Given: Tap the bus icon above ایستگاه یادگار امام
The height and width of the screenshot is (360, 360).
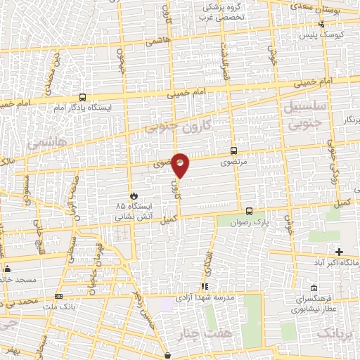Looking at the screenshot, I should [x=83, y=98].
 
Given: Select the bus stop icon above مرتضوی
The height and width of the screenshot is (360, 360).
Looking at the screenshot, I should [x=233, y=150].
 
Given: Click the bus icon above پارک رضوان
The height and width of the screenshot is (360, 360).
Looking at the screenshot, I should [x=248, y=210].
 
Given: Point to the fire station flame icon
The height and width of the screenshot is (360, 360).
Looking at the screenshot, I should [x=132, y=194].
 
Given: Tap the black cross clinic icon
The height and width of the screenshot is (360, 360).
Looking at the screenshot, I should [x=339, y=251].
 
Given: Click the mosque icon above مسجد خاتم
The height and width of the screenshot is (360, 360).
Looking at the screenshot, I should [x=8, y=268].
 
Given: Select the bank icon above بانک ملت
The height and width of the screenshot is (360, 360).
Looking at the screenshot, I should [x=58, y=296].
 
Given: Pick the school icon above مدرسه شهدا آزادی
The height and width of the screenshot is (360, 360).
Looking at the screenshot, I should [x=205, y=286].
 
